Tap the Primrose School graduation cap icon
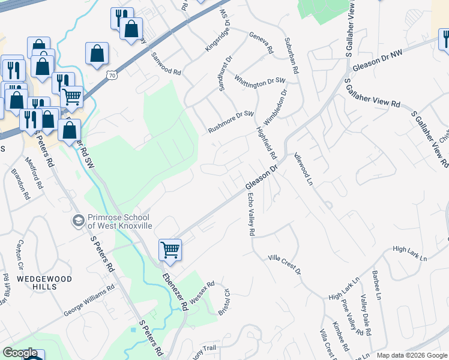click(77, 221)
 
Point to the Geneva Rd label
click(261, 43)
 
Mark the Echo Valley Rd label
click(252, 215)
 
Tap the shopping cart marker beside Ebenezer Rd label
click(170, 249)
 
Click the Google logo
click(20, 353)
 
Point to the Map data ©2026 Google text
click(411, 355)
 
